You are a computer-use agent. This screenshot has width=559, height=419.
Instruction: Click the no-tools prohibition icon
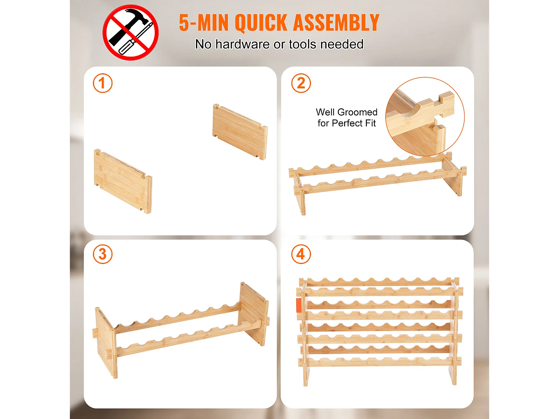point(130,32)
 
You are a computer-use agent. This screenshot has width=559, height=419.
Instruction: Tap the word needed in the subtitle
point(342,44)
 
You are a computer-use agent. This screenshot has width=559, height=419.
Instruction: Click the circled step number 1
point(103,83)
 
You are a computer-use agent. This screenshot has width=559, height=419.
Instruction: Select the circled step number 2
point(301,83)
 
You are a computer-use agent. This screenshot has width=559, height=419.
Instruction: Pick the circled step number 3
point(103,254)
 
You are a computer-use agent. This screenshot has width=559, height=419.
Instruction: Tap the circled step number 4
point(301,254)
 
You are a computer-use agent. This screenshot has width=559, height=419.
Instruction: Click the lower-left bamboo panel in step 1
point(123,181)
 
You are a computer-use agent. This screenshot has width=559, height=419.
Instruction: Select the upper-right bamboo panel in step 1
point(240,132)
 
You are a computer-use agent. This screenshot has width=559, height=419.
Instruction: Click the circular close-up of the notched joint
point(425,117)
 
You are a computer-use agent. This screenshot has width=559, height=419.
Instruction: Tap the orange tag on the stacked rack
point(299,305)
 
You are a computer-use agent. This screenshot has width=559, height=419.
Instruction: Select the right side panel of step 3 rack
point(254,313)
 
